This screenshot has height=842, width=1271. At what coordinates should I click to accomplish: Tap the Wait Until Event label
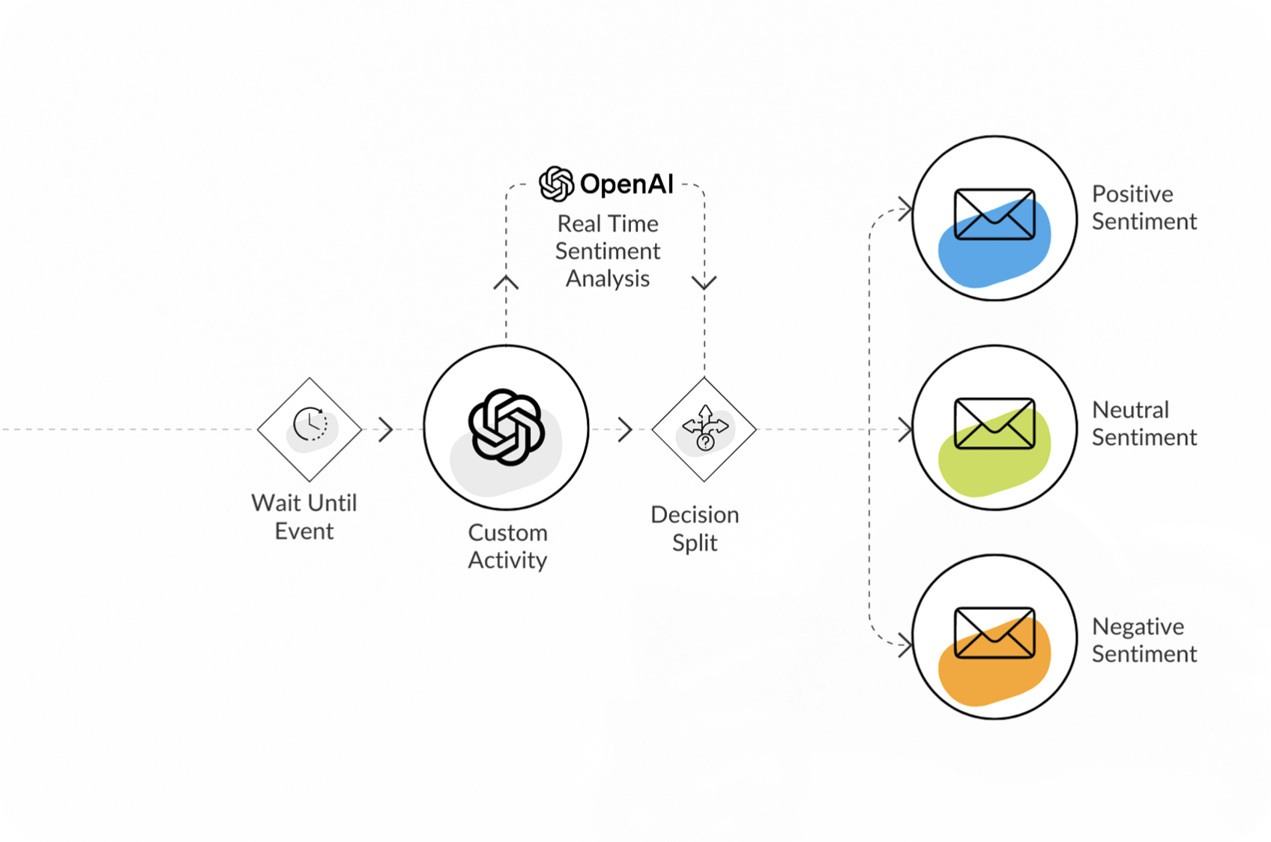304,517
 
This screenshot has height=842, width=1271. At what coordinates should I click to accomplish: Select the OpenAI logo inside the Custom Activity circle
506,427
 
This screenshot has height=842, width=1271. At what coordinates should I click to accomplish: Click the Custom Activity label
507,546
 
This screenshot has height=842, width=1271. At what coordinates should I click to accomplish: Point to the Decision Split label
695,528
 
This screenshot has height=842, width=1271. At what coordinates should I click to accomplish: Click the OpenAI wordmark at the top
627,184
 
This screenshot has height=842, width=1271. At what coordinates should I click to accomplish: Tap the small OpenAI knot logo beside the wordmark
557,184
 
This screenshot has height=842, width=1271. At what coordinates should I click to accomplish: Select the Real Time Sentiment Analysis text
608,251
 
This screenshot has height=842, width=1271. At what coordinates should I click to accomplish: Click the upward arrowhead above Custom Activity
506,282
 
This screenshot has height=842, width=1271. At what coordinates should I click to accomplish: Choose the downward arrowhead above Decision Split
704,282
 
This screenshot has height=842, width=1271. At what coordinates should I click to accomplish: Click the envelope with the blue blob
994,215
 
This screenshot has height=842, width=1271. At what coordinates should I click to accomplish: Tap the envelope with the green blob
994,424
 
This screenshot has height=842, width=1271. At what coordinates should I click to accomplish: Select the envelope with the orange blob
994,634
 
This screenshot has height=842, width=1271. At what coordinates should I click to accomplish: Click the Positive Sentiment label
1144,208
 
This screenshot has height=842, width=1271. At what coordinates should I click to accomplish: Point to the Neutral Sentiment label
1144,423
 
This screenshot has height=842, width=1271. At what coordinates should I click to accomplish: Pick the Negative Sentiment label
1144,640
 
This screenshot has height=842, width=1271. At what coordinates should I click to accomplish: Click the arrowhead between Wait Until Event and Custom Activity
386,429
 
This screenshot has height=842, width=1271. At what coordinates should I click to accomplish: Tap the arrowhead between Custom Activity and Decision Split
625,429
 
